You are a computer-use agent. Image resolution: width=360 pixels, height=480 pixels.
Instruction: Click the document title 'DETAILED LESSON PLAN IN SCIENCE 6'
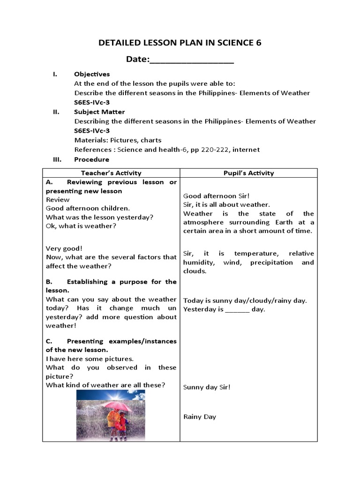click(x=180, y=43)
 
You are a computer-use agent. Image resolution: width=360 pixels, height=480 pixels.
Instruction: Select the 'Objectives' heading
click(x=92, y=74)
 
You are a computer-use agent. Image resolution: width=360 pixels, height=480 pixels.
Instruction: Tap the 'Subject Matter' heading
click(x=99, y=112)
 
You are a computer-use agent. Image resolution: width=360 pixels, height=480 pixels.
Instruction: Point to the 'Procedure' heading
click(x=91, y=159)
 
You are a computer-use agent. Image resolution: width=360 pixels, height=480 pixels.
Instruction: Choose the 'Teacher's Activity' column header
click(x=111, y=173)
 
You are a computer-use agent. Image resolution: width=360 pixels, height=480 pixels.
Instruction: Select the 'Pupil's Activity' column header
click(x=248, y=173)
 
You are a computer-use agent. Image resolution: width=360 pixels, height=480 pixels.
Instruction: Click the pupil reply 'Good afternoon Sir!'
click(x=213, y=196)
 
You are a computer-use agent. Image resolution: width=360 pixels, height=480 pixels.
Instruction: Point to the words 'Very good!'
click(x=64, y=248)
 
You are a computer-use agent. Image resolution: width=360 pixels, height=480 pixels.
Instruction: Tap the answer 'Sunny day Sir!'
click(x=207, y=387)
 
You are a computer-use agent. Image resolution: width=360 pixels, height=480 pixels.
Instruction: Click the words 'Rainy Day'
click(x=200, y=417)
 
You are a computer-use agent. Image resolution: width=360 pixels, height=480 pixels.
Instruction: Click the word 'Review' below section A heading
click(x=58, y=200)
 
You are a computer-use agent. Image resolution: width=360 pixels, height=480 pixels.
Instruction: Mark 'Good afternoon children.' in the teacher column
click(x=88, y=208)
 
